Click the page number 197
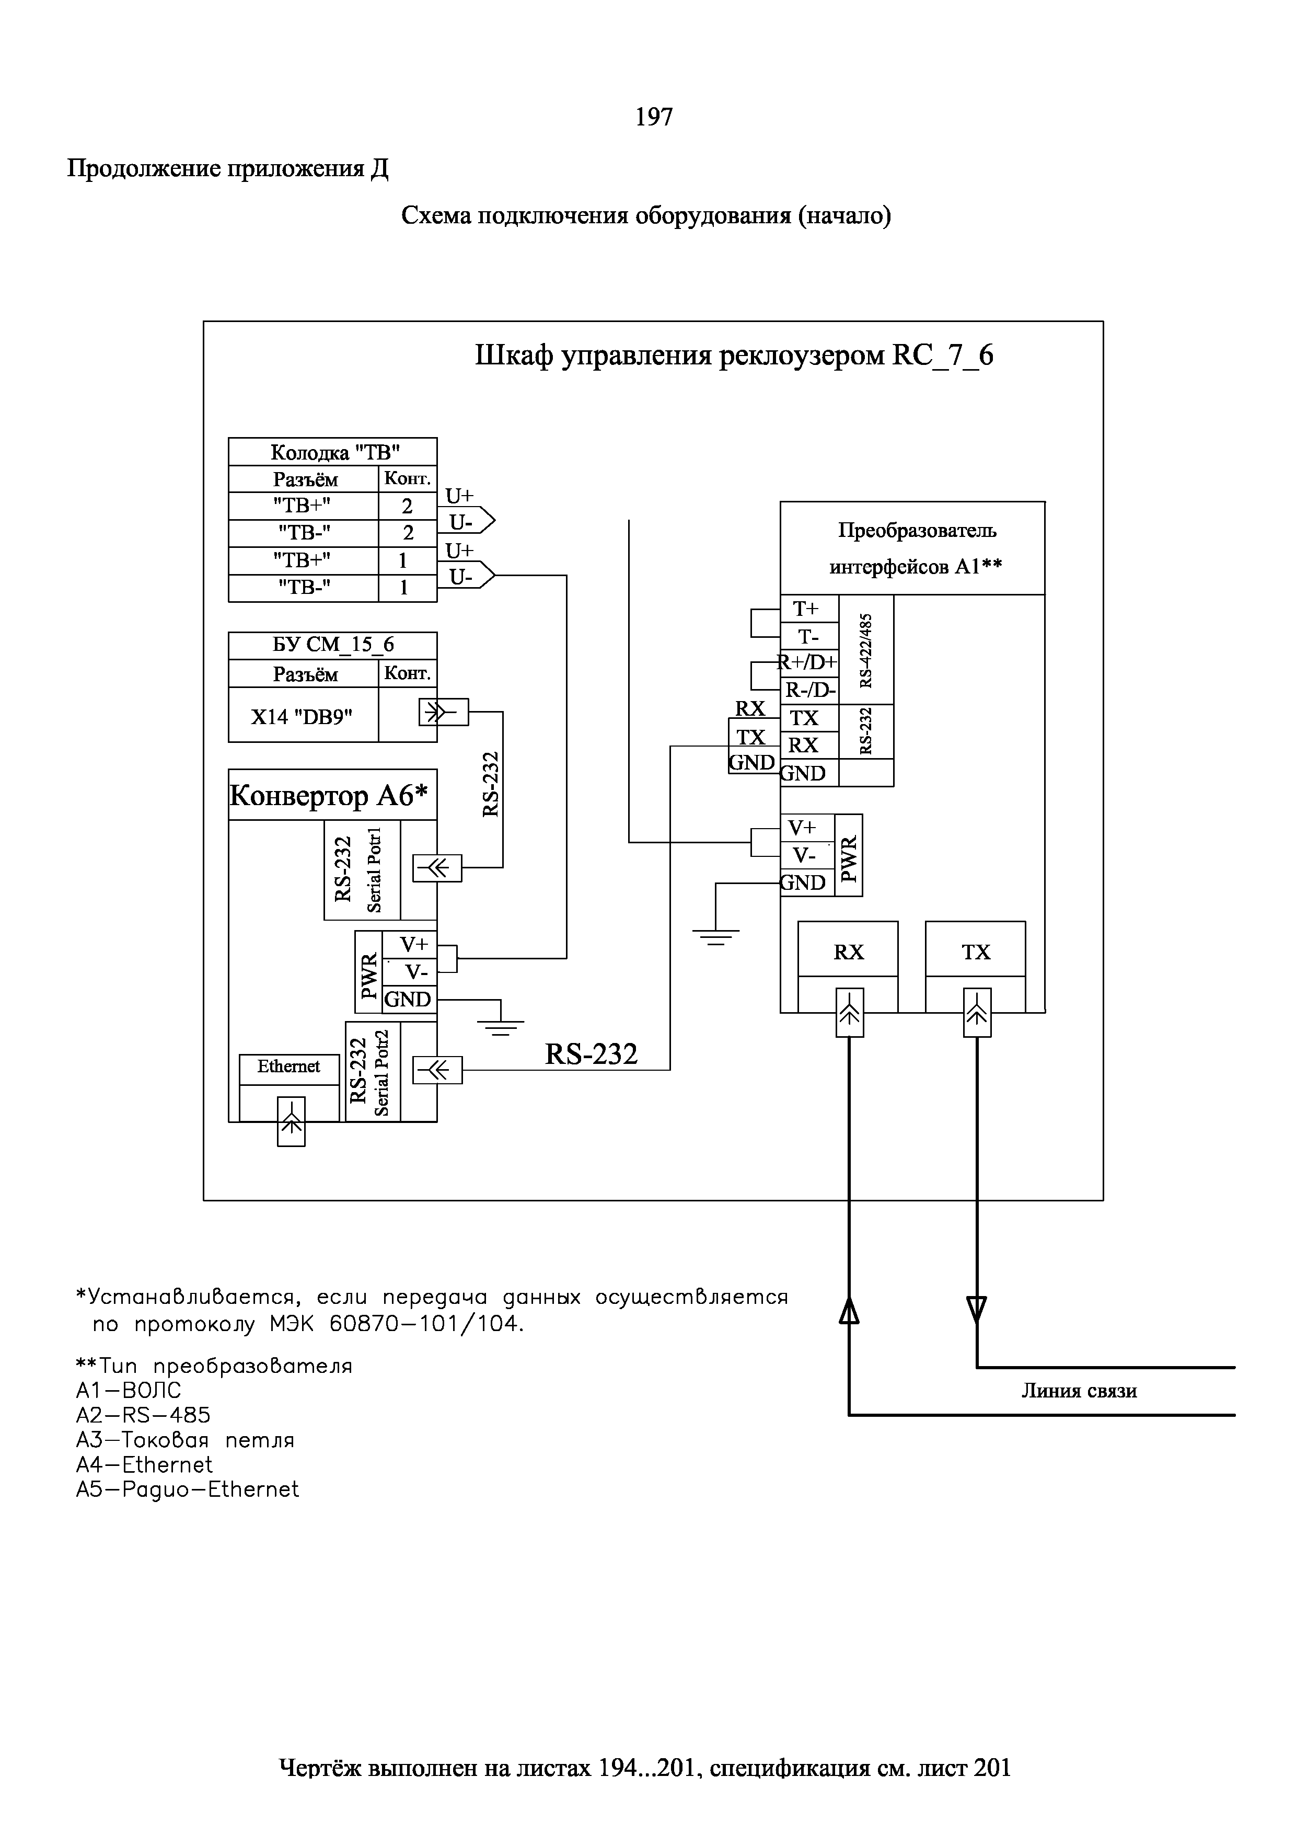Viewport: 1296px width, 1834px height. [x=653, y=118]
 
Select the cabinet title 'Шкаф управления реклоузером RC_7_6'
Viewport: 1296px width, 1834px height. [x=734, y=356]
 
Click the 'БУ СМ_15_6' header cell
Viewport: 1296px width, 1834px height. [x=333, y=645]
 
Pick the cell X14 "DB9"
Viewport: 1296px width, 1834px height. [x=302, y=717]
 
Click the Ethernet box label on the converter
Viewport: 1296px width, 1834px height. [x=288, y=1067]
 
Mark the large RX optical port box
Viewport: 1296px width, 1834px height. [x=848, y=950]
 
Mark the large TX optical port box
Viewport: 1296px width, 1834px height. [x=976, y=950]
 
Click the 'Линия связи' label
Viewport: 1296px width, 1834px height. [x=1078, y=1391]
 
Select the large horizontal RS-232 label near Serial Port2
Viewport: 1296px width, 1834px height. [x=591, y=1054]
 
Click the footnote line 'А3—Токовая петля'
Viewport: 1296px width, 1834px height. [x=186, y=1440]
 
